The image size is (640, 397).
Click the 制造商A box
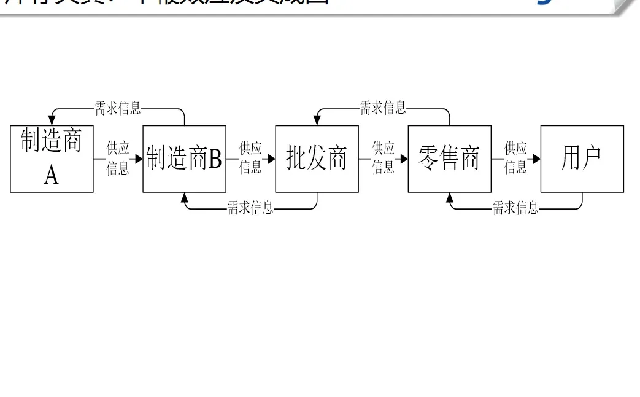(x=52, y=159)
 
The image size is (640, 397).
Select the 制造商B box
(x=184, y=159)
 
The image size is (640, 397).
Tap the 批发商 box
(x=317, y=159)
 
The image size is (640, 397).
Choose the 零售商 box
(x=449, y=159)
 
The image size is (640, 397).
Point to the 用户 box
(x=582, y=159)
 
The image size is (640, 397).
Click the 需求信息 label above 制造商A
(x=118, y=109)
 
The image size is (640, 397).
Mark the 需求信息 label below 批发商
(x=250, y=208)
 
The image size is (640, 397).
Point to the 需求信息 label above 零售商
(x=383, y=109)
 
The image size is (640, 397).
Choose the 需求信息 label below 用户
(x=515, y=208)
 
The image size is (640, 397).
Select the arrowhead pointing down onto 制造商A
(x=52, y=121)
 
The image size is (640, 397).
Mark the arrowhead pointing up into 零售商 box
(x=450, y=197)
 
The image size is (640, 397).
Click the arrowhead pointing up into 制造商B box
(x=185, y=197)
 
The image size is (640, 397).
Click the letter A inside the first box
(x=52, y=175)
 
